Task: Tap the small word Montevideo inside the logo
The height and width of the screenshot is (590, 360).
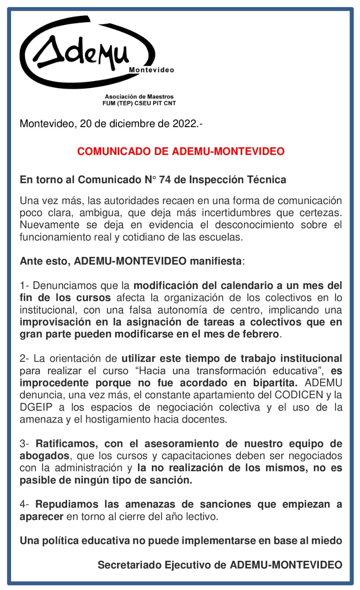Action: (151, 70)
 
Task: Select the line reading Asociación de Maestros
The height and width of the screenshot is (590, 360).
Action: (139, 97)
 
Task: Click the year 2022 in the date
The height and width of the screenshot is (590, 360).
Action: (185, 124)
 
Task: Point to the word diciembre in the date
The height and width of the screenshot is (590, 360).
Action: (133, 124)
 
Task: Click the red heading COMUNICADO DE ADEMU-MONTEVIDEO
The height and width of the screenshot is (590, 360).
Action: (181, 151)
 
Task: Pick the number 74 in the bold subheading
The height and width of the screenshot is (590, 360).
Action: (165, 180)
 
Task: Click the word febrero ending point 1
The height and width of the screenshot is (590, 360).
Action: (261, 334)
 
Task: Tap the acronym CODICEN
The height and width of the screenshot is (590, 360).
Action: (298, 395)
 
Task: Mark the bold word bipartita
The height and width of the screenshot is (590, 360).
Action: (275, 383)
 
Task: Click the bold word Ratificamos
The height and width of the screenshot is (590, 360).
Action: (66, 444)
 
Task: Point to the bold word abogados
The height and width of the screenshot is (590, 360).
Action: (44, 456)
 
